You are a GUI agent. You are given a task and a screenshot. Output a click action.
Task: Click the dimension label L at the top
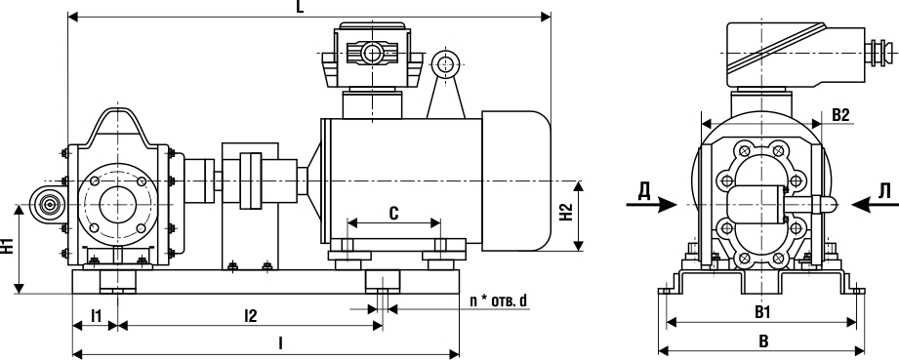[300, 6]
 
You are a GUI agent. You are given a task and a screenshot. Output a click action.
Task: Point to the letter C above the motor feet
[394, 214]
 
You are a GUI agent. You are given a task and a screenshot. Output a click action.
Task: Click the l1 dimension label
[97, 315]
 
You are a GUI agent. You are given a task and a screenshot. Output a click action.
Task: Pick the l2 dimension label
[251, 315]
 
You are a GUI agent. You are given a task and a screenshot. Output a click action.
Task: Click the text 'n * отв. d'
[498, 300]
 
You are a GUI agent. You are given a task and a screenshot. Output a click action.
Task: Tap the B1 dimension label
[762, 312]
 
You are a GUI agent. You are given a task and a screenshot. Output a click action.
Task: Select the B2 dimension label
[840, 115]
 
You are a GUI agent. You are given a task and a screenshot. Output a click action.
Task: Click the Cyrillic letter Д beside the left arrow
[644, 191]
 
